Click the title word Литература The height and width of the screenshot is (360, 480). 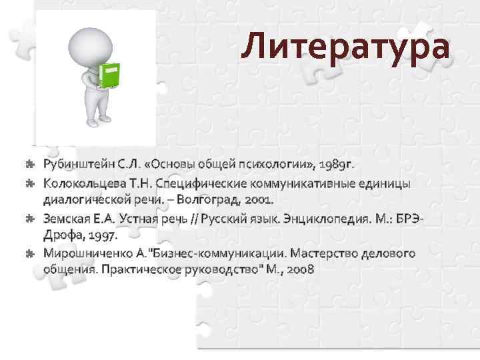tap(346, 47)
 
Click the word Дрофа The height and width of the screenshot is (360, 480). tap(63, 235)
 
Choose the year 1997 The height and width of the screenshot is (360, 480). tap(102, 235)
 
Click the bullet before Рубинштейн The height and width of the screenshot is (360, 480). tap(29, 163)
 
